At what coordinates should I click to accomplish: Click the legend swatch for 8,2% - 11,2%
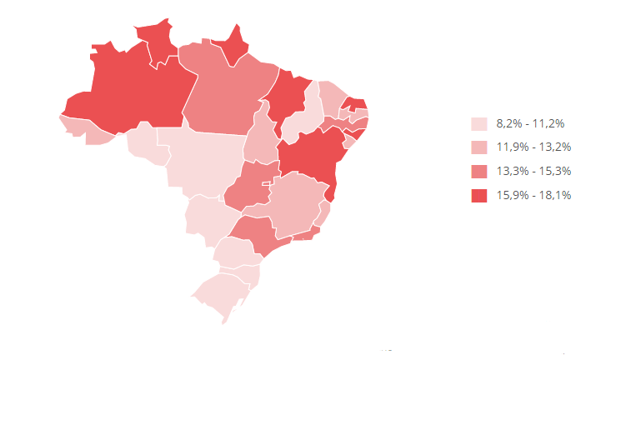pos(478,123)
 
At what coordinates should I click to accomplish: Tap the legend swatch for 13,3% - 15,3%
pos(478,172)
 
